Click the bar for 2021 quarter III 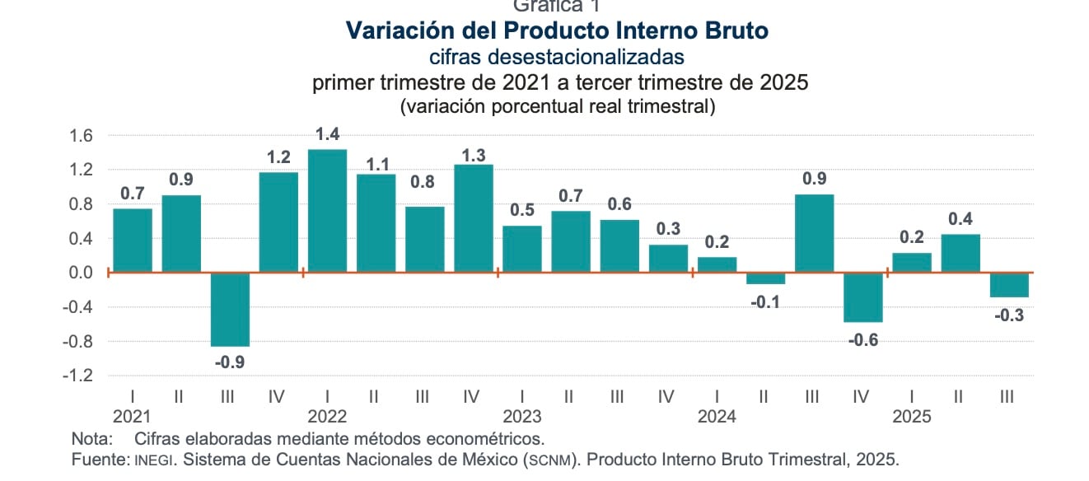(x=230, y=310)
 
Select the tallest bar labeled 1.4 (x=327, y=211)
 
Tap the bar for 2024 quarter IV (x=863, y=297)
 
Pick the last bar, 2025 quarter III (x=1009, y=285)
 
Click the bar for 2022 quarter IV (x=474, y=218)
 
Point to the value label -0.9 (x=230, y=361)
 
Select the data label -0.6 (x=863, y=339)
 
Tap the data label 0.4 (x=960, y=220)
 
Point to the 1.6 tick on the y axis (x=82, y=136)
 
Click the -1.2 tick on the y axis (x=80, y=376)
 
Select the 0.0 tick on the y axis (x=82, y=273)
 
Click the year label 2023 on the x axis (x=521, y=417)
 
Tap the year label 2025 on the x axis (x=912, y=417)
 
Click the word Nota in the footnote (x=90, y=438)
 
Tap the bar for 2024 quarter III (x=814, y=233)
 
